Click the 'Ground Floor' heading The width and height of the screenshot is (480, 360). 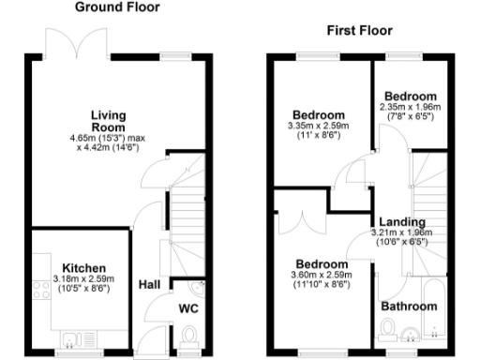116,7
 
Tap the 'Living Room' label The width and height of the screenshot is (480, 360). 109,121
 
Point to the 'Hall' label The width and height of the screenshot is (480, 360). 149,284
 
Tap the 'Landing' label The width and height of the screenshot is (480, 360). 398,221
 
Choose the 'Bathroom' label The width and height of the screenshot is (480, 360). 409,307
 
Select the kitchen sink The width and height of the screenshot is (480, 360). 72,338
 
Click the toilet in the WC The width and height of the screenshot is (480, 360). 188,335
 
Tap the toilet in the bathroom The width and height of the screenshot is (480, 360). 387,330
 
